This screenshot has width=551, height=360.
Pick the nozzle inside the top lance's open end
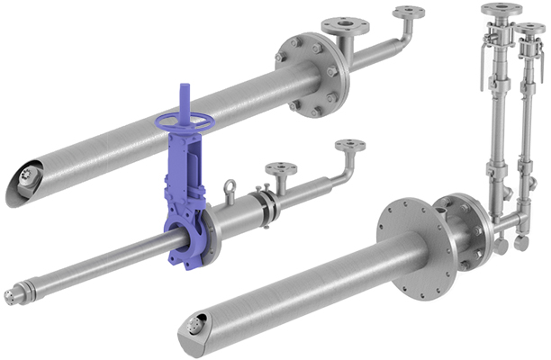coord(23,189)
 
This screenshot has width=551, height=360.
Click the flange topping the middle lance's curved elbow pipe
coord(349,145)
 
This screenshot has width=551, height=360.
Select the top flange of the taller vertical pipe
coord(501,10)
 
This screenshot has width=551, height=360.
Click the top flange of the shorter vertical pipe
coord(530,29)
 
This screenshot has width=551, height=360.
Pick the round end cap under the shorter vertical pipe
coord(521,243)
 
